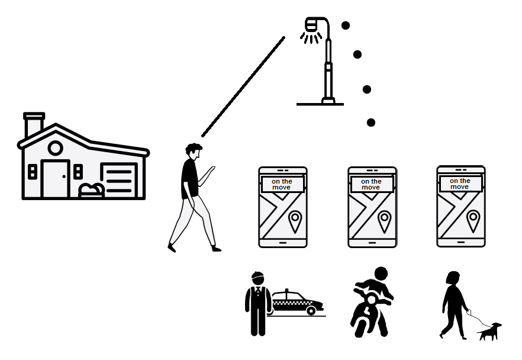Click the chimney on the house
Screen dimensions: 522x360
pyautogui.click(x=34, y=124)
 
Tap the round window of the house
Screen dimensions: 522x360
pyautogui.click(x=55, y=148)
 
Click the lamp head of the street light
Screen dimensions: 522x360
pyautogui.click(x=311, y=24)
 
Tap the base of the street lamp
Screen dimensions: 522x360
pyautogui.click(x=328, y=101)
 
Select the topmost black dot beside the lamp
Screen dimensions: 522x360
pyautogui.click(x=346, y=25)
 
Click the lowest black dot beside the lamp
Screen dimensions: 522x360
pyautogui.click(x=371, y=123)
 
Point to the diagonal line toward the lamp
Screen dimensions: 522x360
pyautogui.click(x=243, y=86)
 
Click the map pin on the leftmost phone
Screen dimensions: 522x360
pyautogui.click(x=295, y=221)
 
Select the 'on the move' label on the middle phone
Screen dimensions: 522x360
pyautogui.click(x=371, y=184)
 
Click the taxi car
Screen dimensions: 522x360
pyautogui.click(x=297, y=303)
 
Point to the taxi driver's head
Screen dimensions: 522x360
pyautogui.click(x=257, y=279)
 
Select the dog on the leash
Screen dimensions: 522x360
pyautogui.click(x=489, y=332)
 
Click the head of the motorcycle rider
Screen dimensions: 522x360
pyautogui.click(x=381, y=274)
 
